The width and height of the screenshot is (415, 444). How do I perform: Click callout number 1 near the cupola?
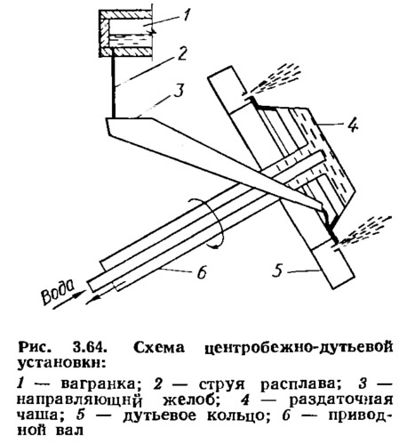[x=186, y=15]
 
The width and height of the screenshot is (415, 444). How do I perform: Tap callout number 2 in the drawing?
[x=182, y=54]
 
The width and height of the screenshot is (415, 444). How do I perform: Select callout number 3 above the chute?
[x=179, y=92]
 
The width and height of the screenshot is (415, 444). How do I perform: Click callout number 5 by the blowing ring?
[x=277, y=270]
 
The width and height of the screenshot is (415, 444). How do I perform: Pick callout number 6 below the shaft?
[x=202, y=272]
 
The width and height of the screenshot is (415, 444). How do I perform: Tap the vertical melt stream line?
[x=113, y=87]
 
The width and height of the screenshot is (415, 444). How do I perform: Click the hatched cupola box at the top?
[x=126, y=34]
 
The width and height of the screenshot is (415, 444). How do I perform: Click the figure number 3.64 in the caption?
[x=90, y=347]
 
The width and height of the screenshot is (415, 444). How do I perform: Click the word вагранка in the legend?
[x=100, y=384]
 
